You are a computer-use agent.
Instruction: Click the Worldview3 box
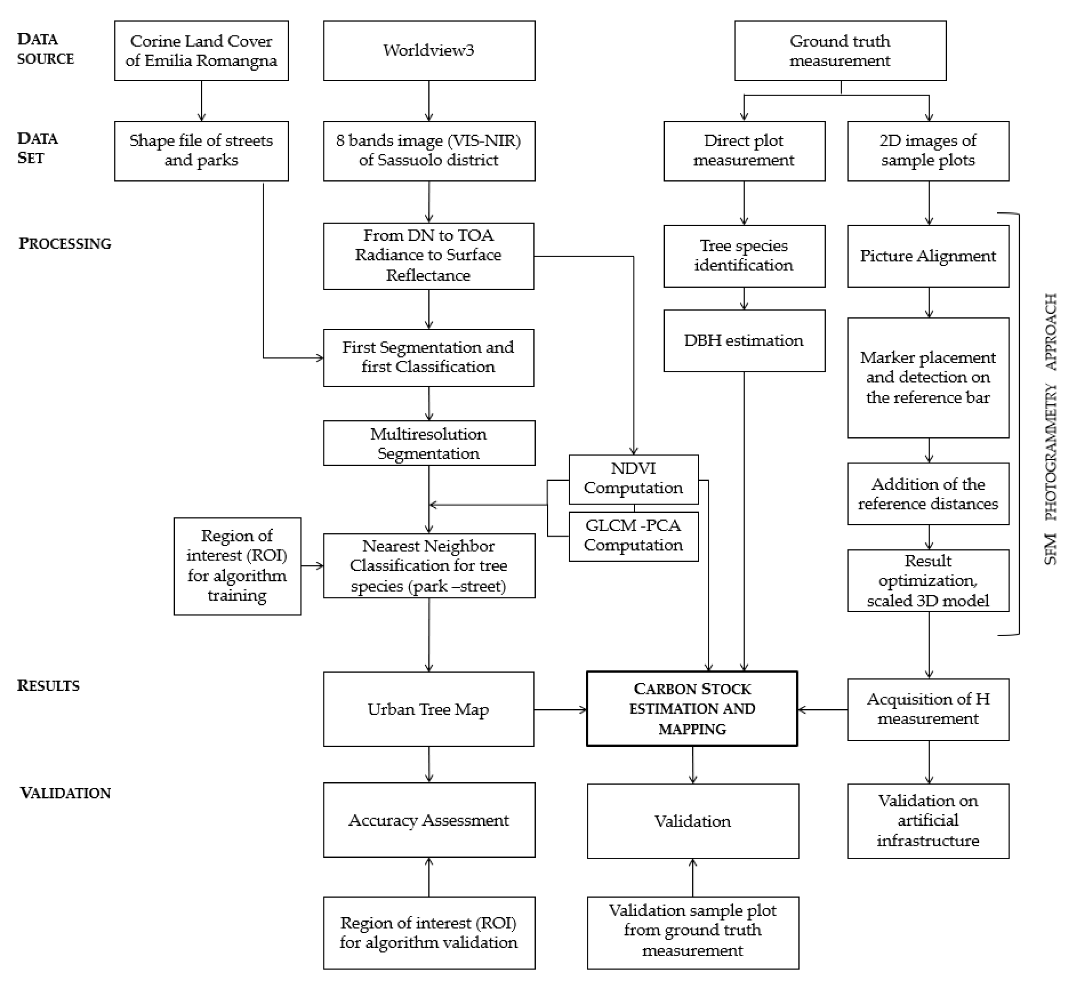click(429, 51)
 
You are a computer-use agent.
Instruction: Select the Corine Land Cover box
click(201, 51)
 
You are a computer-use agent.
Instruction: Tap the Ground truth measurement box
click(840, 51)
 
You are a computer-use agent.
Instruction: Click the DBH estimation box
click(744, 341)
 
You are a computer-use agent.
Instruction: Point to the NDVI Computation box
click(634, 479)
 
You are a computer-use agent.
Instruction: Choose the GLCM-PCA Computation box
click(634, 536)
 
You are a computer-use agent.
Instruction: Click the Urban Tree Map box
click(428, 709)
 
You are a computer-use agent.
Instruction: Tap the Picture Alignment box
click(928, 256)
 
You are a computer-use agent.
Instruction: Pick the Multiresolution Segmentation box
click(429, 443)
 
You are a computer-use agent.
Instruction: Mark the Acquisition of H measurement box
click(928, 709)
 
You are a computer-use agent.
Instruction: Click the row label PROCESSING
click(65, 244)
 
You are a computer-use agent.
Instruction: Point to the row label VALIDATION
click(65, 793)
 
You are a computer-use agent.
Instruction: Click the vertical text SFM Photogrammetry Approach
click(1050, 429)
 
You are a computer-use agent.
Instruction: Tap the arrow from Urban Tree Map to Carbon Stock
click(560, 709)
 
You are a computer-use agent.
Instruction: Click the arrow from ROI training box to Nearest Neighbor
click(312, 566)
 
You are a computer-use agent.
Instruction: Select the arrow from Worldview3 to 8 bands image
click(429, 101)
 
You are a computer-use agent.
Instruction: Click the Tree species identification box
click(744, 256)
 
